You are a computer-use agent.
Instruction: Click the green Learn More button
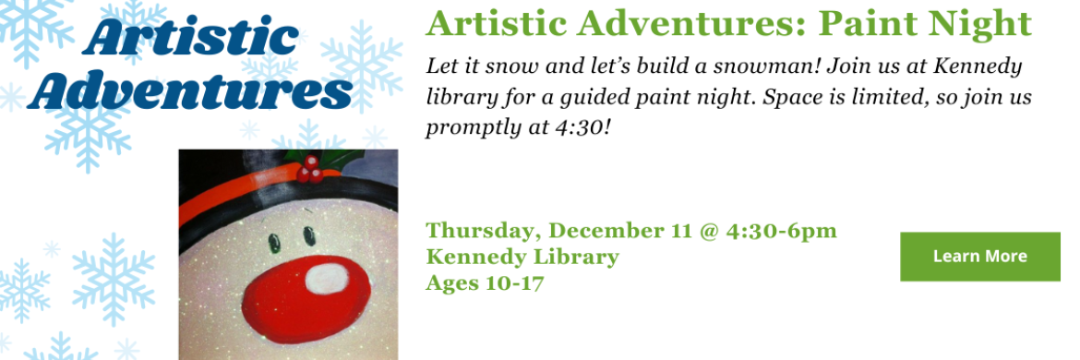[979, 257]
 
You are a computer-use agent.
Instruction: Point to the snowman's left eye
[274, 244]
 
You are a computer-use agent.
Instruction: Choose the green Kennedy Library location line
[522, 257]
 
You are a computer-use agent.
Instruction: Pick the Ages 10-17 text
[485, 282]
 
